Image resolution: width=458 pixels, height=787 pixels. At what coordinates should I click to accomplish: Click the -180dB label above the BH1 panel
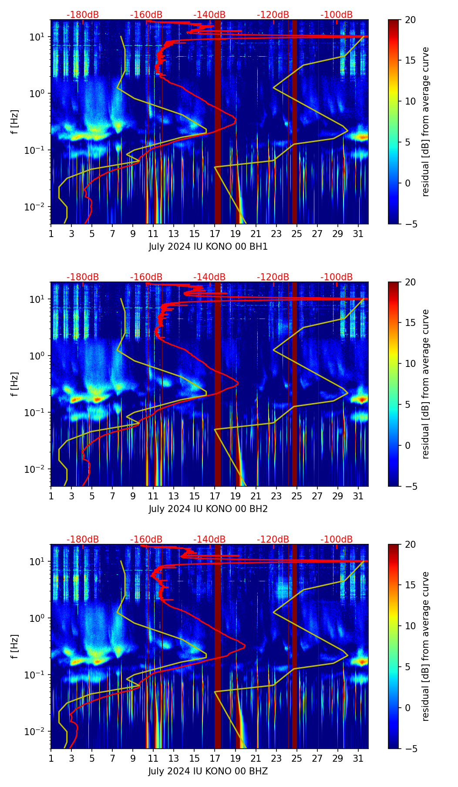pyautogui.click(x=83, y=15)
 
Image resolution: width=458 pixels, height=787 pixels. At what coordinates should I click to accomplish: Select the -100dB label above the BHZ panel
pyautogui.click(x=337, y=539)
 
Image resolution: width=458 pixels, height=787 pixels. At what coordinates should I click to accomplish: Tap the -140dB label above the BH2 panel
pyautogui.click(x=209, y=277)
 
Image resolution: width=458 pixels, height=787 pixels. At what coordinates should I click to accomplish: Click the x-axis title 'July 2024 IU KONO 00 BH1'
pyautogui.click(x=208, y=247)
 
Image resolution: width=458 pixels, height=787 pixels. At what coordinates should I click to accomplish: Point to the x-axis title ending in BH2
pyautogui.click(x=208, y=509)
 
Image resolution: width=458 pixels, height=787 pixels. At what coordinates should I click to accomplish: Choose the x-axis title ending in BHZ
pyautogui.click(x=208, y=771)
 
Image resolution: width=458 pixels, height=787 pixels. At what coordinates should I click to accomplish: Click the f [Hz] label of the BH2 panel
pyautogui.click(x=15, y=384)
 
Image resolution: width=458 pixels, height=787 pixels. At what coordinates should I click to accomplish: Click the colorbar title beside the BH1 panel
pyautogui.click(x=425, y=122)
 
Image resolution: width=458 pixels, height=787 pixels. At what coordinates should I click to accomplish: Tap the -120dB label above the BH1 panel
pyautogui.click(x=273, y=15)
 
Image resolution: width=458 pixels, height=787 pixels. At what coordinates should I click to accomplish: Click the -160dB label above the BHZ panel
pyautogui.click(x=146, y=539)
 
